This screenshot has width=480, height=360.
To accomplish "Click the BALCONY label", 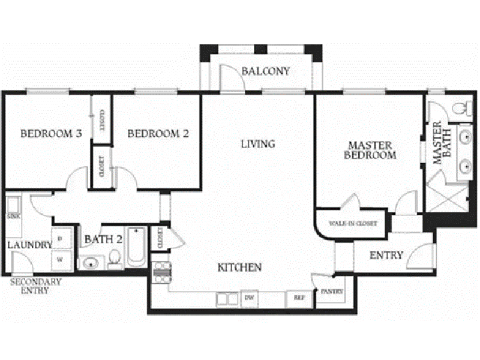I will [x=265, y=71].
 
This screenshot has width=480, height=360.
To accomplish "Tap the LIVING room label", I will [x=257, y=144].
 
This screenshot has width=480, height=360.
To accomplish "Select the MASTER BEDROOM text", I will [x=370, y=150].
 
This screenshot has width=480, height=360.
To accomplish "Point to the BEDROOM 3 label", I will [x=51, y=134].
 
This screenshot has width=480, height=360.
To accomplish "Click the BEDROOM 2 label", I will [x=158, y=134].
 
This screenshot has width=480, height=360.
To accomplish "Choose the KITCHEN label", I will [x=239, y=267].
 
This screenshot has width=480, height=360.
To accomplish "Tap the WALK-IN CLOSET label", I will [x=353, y=224].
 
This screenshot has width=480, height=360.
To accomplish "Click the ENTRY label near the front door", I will [x=386, y=255].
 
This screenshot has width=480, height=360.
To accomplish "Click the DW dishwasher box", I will [x=250, y=297].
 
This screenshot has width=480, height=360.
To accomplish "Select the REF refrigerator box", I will [x=298, y=297].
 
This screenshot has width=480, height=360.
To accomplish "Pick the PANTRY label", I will [x=332, y=292].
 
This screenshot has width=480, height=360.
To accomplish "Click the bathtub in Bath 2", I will [x=136, y=246].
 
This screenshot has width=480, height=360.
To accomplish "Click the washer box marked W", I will [x=61, y=260].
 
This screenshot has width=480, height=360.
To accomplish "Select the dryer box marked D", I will [x=61, y=239].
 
